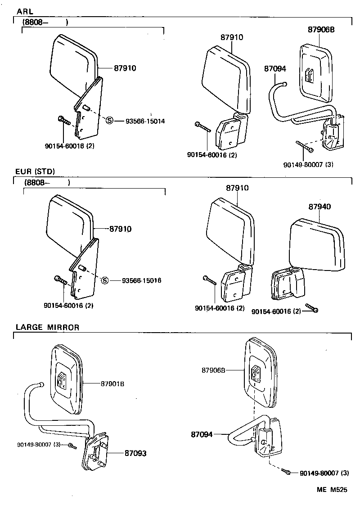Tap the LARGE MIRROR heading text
pos(47,327)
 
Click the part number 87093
pos(135,453)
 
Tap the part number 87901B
pos(112,383)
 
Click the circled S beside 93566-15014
pos(109,120)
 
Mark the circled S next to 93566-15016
pos(105,280)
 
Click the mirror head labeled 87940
pos(317,245)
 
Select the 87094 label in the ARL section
pos(274,68)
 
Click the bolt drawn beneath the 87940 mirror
pos(311,307)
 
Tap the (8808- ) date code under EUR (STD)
pos(42,183)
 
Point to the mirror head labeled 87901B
pos(67,379)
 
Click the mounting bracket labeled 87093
pos(95,452)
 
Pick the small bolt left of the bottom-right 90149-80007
pos(287,472)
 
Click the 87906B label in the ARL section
pos(321,30)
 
